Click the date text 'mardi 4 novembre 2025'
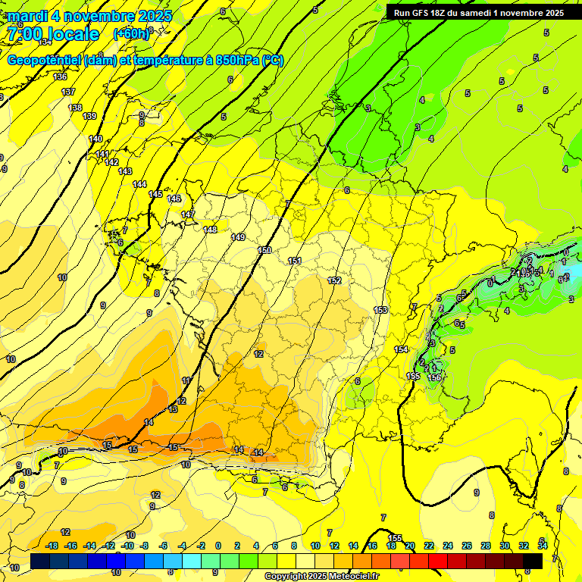[x=89, y=16]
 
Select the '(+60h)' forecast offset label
[x=132, y=33]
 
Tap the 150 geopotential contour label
[x=264, y=250]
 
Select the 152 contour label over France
[x=334, y=281]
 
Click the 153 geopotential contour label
[x=380, y=310]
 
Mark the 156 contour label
[x=434, y=377]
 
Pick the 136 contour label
[x=60, y=77]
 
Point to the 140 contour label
[x=95, y=139]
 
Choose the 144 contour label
[x=139, y=184]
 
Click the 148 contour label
[x=210, y=230]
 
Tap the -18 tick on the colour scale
[x=52, y=546]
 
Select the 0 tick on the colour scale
[x=218, y=546]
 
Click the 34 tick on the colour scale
[x=543, y=546]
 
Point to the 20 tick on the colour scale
[x=409, y=546]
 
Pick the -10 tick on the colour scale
[x=127, y=546]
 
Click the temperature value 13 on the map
[x=173, y=409]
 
